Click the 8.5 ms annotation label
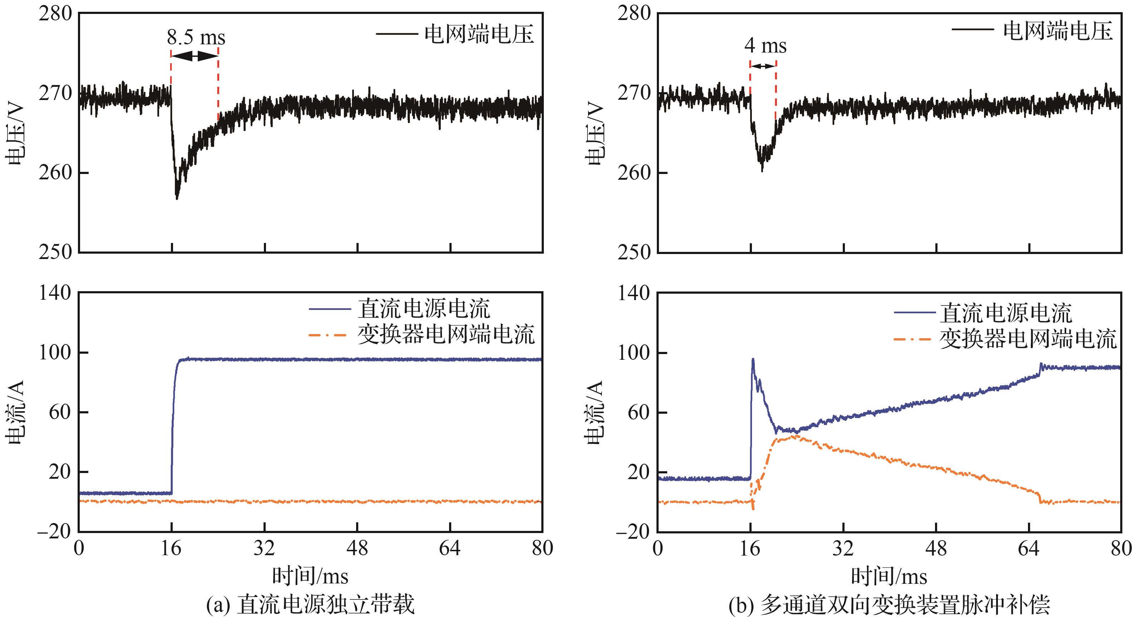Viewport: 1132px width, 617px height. [196, 37]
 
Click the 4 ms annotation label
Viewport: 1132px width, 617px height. [765, 46]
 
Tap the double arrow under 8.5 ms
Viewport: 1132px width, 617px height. [195, 56]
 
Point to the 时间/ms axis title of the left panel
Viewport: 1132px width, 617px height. [310, 576]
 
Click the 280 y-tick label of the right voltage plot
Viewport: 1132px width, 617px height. [634, 14]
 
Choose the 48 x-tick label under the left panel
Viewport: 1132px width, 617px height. [357, 548]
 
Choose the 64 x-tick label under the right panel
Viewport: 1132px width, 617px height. [1029, 548]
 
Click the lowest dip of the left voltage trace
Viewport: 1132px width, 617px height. [177, 199]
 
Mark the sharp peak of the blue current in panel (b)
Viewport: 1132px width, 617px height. [753, 359]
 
